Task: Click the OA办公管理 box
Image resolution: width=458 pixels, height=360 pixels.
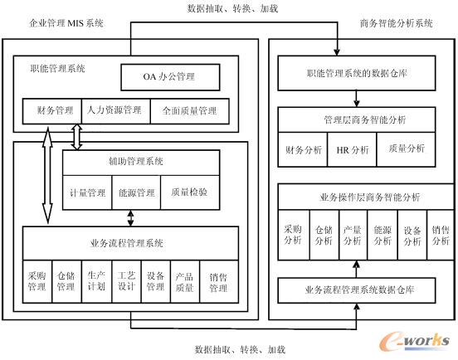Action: (x=170, y=77)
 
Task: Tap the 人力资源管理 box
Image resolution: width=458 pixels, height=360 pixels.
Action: (x=114, y=109)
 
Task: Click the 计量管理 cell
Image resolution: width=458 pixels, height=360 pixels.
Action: (x=86, y=192)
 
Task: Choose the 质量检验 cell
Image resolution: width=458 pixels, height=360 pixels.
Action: (x=189, y=192)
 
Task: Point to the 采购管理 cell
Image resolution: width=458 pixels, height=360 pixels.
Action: (x=37, y=282)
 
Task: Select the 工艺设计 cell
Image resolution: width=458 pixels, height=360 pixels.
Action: (x=126, y=282)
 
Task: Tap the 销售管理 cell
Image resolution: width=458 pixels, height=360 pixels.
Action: (x=217, y=282)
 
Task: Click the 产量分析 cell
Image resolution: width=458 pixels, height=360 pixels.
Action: (x=353, y=235)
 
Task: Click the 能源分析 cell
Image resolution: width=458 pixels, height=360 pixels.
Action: (x=382, y=235)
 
